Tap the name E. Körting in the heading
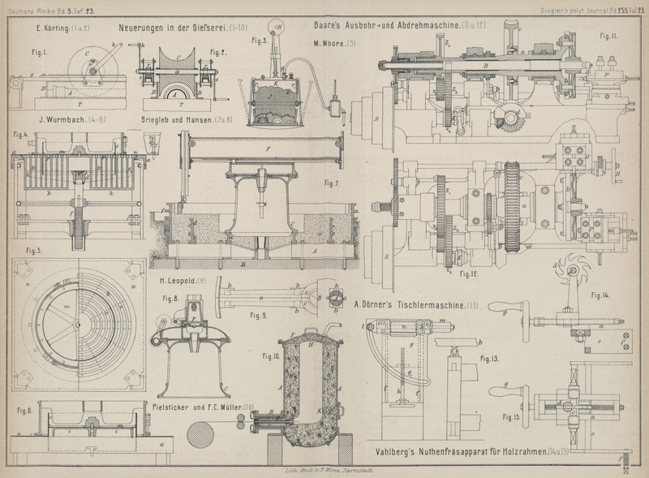click(56, 29)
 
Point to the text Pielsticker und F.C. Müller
click(203, 405)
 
